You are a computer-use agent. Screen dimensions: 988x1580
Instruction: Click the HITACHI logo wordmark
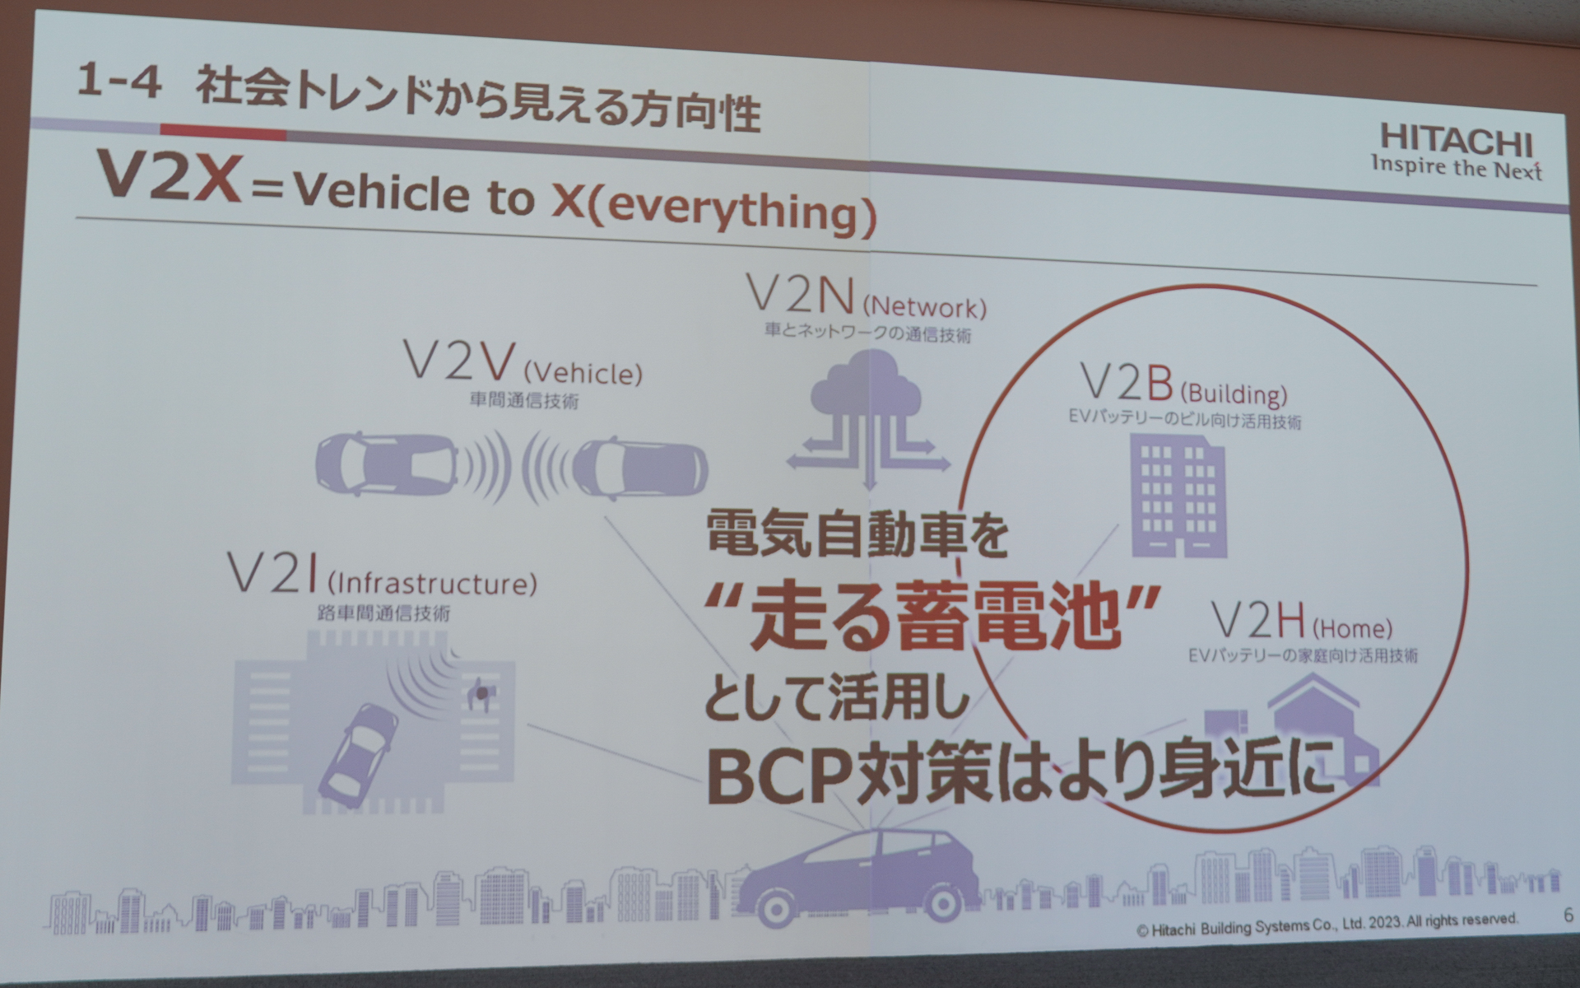point(1456,141)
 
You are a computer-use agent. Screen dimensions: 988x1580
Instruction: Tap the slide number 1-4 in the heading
point(118,83)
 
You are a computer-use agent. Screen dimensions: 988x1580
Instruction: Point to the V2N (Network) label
point(865,300)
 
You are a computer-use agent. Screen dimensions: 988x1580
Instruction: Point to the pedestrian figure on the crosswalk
point(479,697)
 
